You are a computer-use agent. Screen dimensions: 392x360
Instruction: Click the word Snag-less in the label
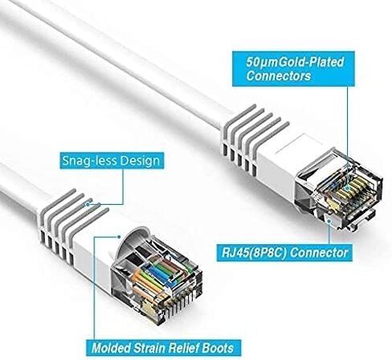[90, 161]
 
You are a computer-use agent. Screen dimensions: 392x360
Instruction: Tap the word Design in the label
[140, 161]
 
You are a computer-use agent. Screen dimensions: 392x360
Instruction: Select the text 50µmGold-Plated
[295, 62]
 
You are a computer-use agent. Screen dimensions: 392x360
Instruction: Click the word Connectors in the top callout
[279, 76]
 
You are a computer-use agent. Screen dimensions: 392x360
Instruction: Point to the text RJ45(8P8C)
[254, 253]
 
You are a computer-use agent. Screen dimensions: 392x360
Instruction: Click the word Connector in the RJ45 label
[319, 252]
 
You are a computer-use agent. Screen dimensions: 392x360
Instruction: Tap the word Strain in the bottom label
[149, 348]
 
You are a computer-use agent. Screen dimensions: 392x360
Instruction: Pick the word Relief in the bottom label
[184, 348]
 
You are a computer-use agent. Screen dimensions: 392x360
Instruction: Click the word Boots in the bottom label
[218, 348]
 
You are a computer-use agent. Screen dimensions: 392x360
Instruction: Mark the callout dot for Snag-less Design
[88, 204]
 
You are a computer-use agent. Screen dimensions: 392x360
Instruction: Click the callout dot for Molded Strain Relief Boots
[119, 237]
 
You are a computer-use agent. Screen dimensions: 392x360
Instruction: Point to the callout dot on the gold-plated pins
[347, 188]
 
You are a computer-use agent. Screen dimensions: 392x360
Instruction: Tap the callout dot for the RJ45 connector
[329, 221]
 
